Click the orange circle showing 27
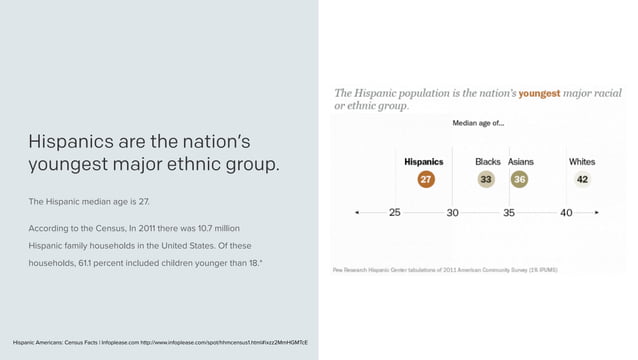425,179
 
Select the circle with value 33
487,179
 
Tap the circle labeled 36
519,179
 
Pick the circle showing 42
582,179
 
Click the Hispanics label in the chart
424,161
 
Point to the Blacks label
488,161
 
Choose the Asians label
521,161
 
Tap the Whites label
582,161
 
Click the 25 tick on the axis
395,212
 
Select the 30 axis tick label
452,212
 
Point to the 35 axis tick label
509,212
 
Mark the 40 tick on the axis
566,212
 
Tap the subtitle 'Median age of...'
479,124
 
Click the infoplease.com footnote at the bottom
161,342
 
